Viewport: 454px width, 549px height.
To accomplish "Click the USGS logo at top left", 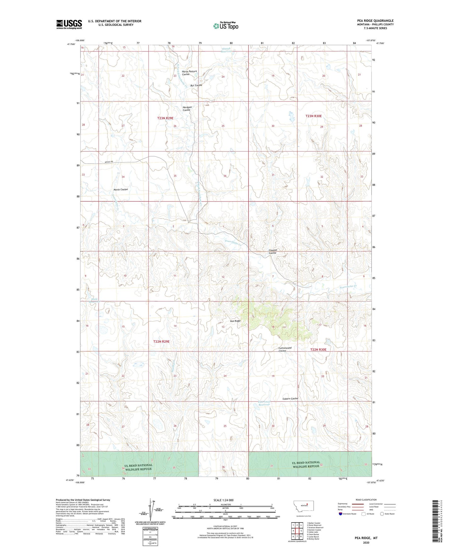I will (x=69, y=24).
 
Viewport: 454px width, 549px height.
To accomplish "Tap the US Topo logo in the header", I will (x=225, y=26).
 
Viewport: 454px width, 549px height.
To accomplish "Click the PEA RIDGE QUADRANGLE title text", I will (x=375, y=21).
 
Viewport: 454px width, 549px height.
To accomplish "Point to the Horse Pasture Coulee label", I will (x=189, y=73).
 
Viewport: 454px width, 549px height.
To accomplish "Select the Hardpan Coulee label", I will (x=187, y=108).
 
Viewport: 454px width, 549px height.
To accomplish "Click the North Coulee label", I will (x=120, y=190).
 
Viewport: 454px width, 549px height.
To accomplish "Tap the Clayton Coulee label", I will (x=272, y=252).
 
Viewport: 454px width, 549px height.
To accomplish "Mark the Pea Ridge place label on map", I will (x=235, y=321).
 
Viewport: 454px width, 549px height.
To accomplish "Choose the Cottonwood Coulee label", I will (x=285, y=349).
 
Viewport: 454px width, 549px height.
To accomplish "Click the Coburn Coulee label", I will (x=290, y=399).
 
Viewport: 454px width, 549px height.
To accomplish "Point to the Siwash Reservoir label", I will (x=226, y=50).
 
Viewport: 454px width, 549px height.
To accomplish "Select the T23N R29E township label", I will (x=165, y=118).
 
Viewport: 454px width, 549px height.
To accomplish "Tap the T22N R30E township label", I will (x=318, y=350).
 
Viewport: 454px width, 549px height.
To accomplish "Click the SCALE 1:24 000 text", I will (x=223, y=500).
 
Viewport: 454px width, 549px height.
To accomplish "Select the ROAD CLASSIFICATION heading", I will (x=366, y=500).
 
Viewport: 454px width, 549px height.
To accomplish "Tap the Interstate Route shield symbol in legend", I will (x=341, y=514).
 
